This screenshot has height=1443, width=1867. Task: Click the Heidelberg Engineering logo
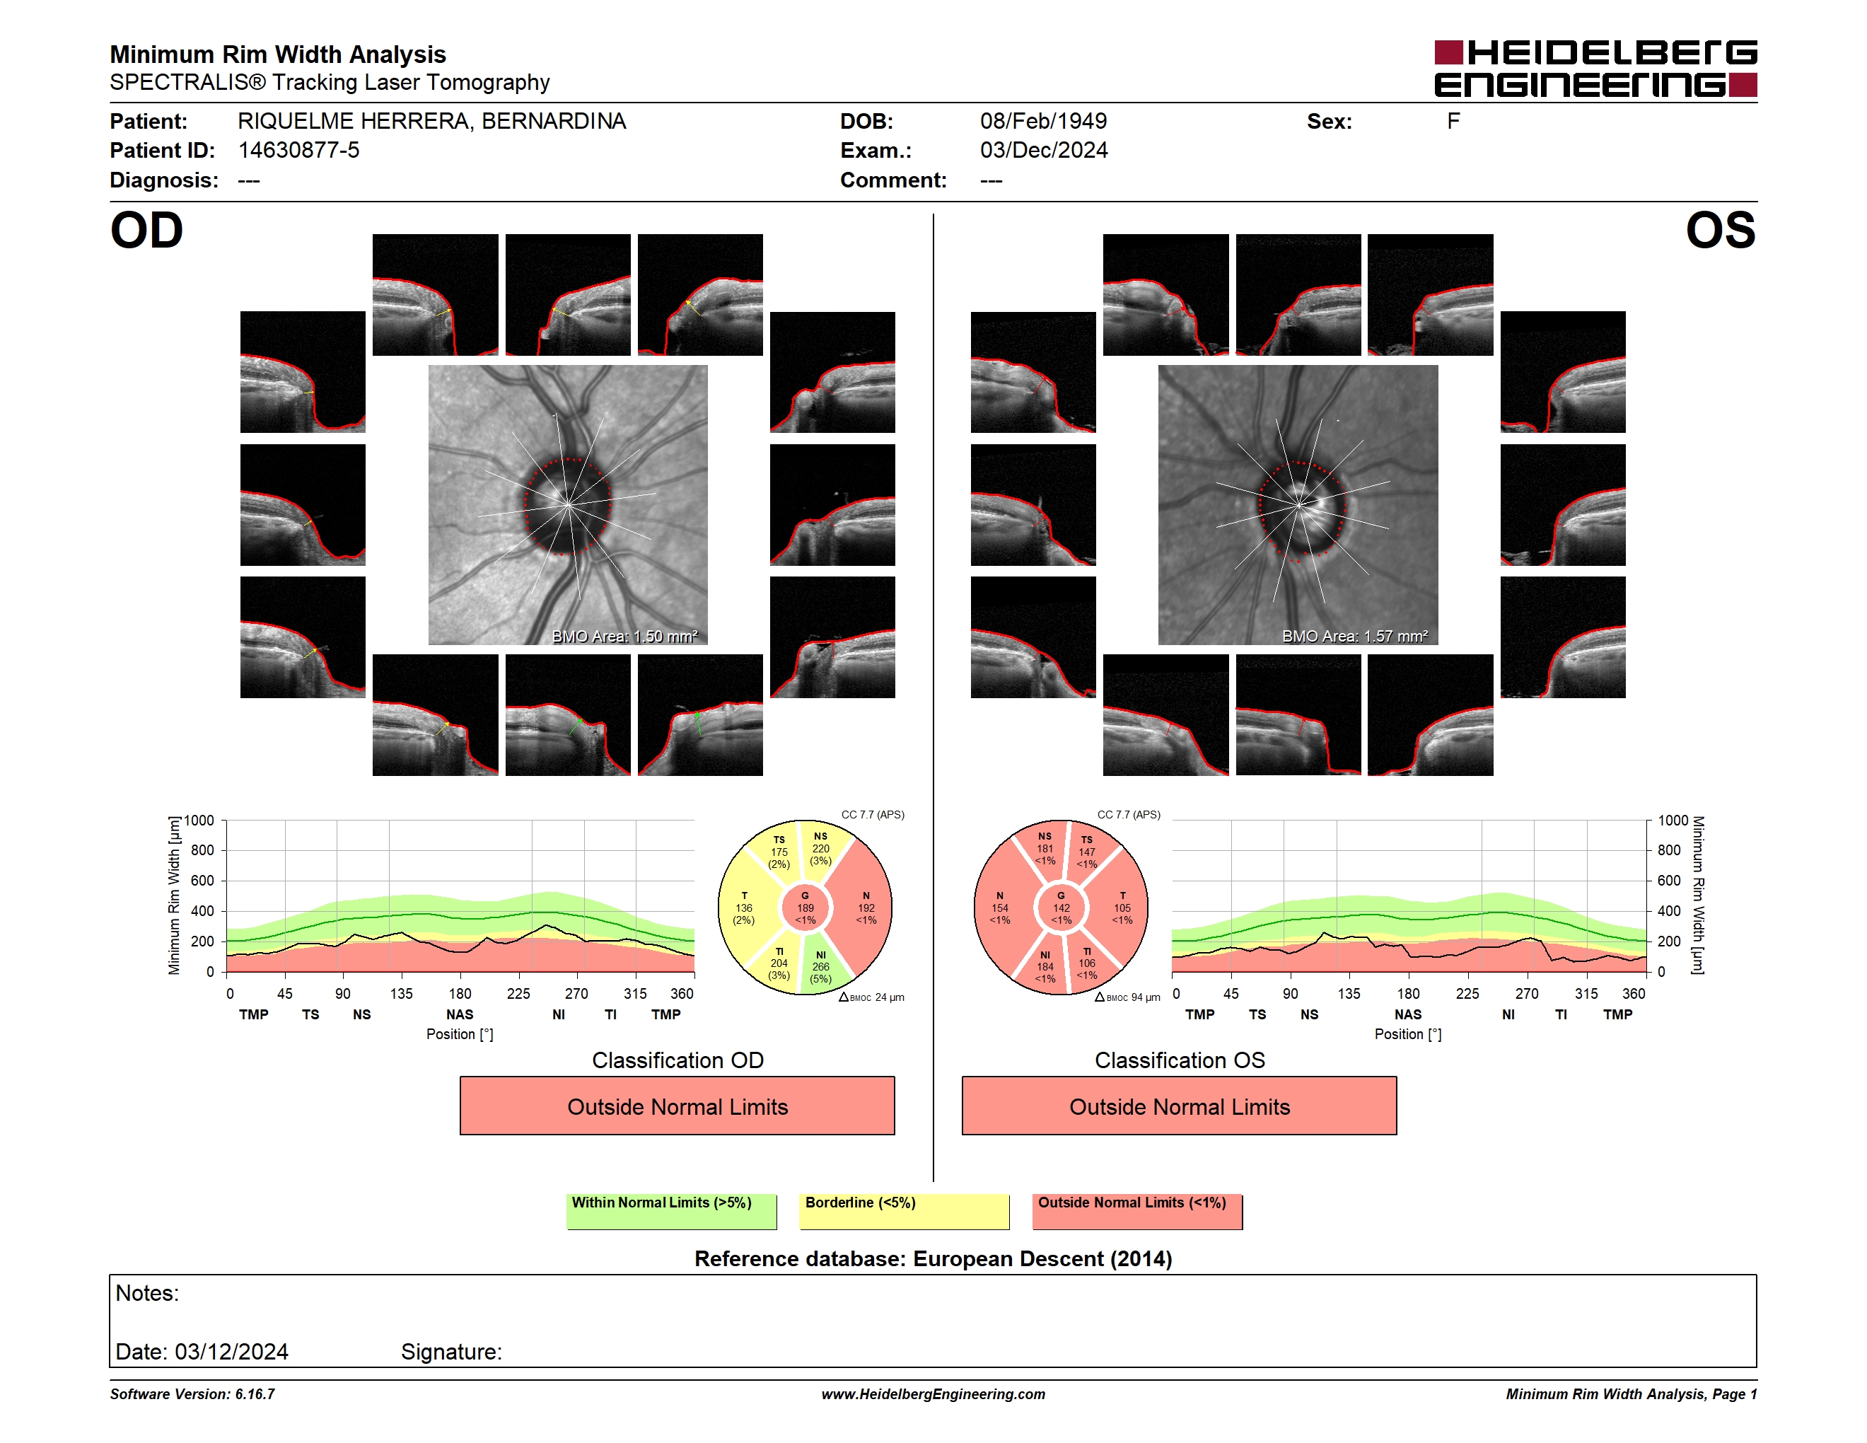click(1595, 69)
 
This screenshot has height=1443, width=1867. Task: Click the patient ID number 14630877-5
click(298, 151)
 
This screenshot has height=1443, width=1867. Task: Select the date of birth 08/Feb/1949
click(1043, 122)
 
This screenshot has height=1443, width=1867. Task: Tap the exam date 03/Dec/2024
click(1043, 151)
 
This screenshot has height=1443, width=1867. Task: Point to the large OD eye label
click(147, 231)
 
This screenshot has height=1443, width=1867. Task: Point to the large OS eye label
click(1720, 231)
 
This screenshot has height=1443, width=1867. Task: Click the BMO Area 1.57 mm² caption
click(1354, 636)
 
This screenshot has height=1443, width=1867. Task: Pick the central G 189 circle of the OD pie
click(805, 908)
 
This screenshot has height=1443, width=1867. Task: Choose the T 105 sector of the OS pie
click(1121, 908)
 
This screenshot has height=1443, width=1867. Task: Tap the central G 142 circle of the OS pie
click(1061, 908)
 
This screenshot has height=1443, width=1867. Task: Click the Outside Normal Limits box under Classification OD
click(677, 1106)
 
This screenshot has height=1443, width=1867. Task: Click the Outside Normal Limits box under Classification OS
click(1179, 1106)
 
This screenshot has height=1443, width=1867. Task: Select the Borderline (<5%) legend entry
click(904, 1211)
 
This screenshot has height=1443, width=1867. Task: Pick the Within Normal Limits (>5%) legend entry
click(671, 1211)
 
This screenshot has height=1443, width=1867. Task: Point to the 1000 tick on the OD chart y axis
click(199, 821)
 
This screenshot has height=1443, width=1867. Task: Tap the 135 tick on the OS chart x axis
click(1349, 993)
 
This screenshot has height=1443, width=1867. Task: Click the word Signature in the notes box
click(450, 1352)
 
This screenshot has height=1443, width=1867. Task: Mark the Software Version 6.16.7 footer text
click(192, 1394)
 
